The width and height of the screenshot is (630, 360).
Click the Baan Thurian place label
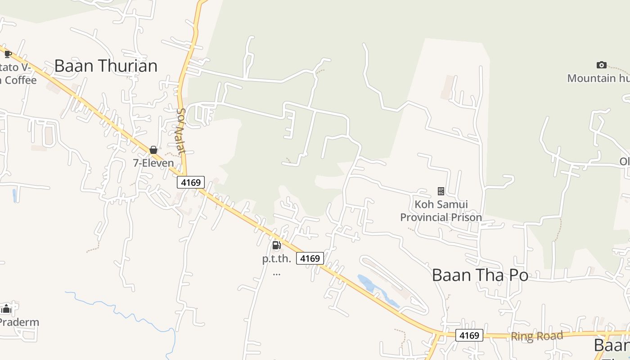tap(106, 66)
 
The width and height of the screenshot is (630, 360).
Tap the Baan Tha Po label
tap(480, 275)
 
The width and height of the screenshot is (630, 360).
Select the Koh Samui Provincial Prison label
tap(441, 211)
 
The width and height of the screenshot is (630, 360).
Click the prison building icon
tap(441, 191)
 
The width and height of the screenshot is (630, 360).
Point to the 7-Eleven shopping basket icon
tap(153, 150)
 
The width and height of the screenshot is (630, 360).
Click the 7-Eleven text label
tap(153, 163)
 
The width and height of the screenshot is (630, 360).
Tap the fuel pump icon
tap(277, 245)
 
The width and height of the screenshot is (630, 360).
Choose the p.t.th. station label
tap(277, 259)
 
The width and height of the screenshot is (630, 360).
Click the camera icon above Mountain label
tap(601, 65)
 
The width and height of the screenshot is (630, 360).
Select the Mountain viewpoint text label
tap(598, 78)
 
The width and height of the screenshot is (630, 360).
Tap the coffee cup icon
tap(8, 54)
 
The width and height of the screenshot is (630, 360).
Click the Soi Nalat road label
tap(181, 131)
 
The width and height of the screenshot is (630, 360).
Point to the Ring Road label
tap(536, 336)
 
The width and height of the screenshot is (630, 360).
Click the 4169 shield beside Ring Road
tap(469, 335)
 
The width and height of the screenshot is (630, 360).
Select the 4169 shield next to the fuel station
tap(310, 258)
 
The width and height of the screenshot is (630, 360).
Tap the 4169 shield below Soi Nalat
tap(191, 182)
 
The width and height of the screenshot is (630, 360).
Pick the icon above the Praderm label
tap(6, 309)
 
